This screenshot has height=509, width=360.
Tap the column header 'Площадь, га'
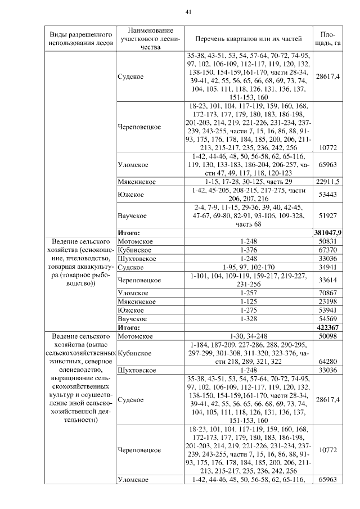(x=328, y=39)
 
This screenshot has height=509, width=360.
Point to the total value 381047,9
(x=328, y=232)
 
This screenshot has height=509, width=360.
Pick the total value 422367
(x=328, y=327)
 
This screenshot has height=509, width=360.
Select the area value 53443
(x=328, y=195)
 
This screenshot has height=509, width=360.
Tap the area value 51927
(x=328, y=216)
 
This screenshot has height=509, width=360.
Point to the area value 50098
(x=328, y=336)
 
